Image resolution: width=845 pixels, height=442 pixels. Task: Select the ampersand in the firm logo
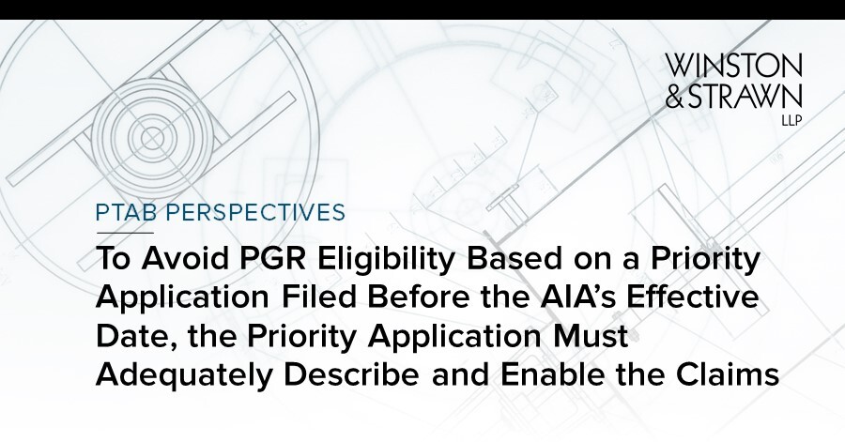[679, 96]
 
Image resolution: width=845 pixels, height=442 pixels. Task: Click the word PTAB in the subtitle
[125, 213]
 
